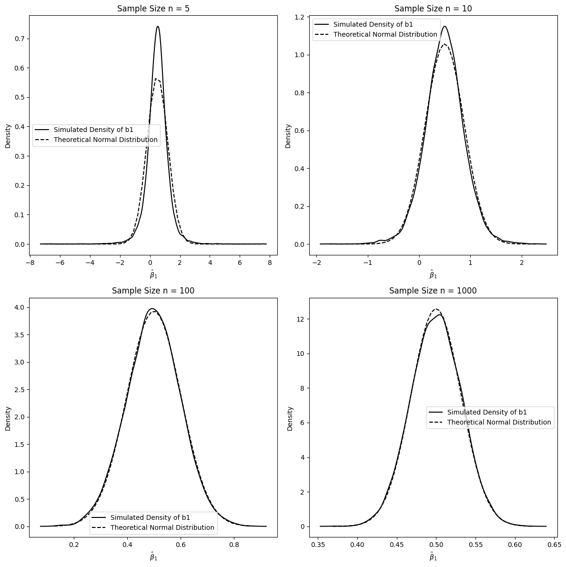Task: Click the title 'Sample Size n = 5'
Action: click(153, 8)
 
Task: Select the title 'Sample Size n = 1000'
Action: click(433, 291)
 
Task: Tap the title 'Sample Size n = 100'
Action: click(153, 291)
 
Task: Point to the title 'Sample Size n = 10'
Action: click(433, 8)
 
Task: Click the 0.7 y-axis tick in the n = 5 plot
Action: click(20, 39)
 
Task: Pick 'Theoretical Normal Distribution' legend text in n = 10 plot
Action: click(385, 34)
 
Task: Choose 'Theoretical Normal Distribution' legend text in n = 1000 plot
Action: click(499, 422)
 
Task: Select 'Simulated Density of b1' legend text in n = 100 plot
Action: click(150, 517)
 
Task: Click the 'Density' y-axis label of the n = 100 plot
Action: click(8, 418)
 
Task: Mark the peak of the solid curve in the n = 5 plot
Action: click(158, 27)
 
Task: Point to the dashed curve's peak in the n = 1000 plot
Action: click(435, 309)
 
